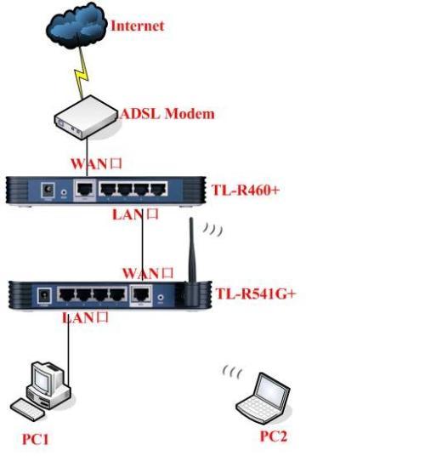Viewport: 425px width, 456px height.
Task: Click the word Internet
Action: [x=137, y=26]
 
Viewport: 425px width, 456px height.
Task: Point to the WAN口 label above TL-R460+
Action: [x=98, y=162]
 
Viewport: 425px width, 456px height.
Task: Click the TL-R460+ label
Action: [x=245, y=189]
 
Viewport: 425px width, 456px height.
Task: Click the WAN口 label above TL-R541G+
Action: [x=149, y=273]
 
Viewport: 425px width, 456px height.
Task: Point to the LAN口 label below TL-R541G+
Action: [x=85, y=318]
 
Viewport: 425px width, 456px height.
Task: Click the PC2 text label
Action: [x=275, y=436]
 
